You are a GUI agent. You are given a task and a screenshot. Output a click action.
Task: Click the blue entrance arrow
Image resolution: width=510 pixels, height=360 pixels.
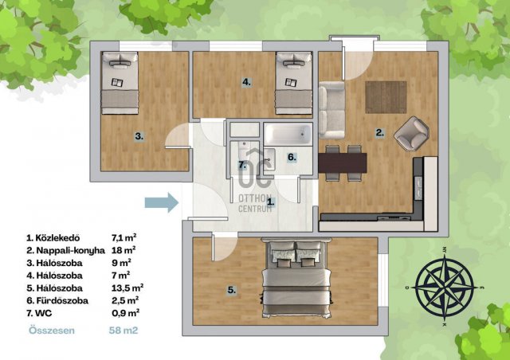coord(162,202)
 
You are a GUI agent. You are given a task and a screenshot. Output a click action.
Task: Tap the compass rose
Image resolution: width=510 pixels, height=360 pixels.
coord(445,288)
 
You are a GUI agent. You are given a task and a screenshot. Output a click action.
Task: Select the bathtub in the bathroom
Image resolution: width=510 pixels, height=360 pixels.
coord(288,134)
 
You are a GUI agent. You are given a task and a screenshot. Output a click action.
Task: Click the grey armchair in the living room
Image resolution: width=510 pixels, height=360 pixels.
coord(411,134)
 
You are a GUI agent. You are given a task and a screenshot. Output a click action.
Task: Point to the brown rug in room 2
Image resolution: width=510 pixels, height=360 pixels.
coord(386,97)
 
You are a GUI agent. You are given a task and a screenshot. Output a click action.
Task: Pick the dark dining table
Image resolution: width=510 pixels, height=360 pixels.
coord(343,163)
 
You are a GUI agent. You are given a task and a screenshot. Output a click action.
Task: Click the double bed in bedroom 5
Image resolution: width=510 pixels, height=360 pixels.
coord(296,278)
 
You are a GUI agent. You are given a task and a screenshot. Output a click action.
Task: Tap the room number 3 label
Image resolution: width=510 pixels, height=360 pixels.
coord(139,136)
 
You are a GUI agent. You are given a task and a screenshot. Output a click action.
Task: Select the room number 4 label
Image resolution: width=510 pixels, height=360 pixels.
coord(246,82)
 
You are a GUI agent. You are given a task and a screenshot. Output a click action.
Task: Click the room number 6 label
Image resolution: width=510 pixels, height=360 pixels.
coord(292,158)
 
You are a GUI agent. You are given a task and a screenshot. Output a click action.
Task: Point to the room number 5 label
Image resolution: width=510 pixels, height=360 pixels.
coord(232,290)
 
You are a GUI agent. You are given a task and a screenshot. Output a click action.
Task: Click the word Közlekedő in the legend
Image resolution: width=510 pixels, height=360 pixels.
coord(57,237)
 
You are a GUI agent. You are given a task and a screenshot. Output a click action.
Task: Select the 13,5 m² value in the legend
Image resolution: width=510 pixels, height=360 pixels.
coord(127,288)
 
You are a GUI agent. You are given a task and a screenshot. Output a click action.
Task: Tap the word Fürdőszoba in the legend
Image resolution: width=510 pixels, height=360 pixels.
coord(62,300)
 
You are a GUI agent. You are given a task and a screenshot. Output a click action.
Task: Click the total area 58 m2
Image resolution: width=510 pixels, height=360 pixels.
coord(124,331)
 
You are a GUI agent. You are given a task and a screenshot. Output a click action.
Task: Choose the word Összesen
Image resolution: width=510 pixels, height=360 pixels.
coord(52,331)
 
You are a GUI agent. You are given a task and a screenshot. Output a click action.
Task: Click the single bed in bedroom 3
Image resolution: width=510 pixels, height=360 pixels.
coord(120,83)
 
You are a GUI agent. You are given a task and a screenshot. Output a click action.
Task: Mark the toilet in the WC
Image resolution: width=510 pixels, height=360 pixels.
coord(243,150)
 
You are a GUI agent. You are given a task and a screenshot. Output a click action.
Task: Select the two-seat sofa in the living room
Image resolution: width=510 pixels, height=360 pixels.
coord(331,110)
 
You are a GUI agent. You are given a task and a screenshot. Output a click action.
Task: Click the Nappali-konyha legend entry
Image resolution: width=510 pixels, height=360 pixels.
coord(70,250)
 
